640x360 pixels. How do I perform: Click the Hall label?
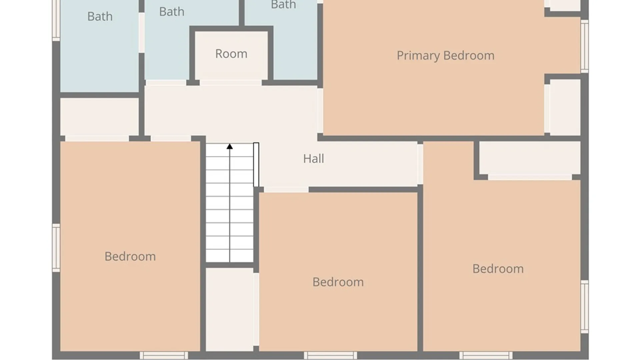pos(313,159)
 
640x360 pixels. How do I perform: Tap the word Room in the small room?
pos(231,54)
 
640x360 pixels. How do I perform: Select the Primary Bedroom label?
pos(445,56)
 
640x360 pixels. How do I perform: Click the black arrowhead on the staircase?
pos(230,146)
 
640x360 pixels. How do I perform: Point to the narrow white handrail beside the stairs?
pos(256,165)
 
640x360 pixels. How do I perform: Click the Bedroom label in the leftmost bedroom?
pos(130,256)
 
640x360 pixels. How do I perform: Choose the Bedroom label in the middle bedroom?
pos(338,282)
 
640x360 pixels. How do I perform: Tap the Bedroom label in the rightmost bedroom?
pos(498,269)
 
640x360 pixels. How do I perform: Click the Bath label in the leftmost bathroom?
pos(100,16)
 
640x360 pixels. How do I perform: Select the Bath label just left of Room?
pos(172,12)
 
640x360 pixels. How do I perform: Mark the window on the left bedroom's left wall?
pos(56,248)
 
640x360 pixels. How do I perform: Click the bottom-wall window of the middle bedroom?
pos(330,355)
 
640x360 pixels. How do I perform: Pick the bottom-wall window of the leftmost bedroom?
pos(164,355)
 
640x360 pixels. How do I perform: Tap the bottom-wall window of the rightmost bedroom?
pos(486,355)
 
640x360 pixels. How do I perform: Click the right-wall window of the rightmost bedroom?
pos(585,307)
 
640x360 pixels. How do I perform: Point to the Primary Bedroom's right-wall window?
pos(585,46)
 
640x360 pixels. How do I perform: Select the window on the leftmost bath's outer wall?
pos(56,20)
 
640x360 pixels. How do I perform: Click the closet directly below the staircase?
pos(230,309)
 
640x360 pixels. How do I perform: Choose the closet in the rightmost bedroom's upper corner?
pos(530,158)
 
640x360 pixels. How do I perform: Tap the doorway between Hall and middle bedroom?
pos(286,190)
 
